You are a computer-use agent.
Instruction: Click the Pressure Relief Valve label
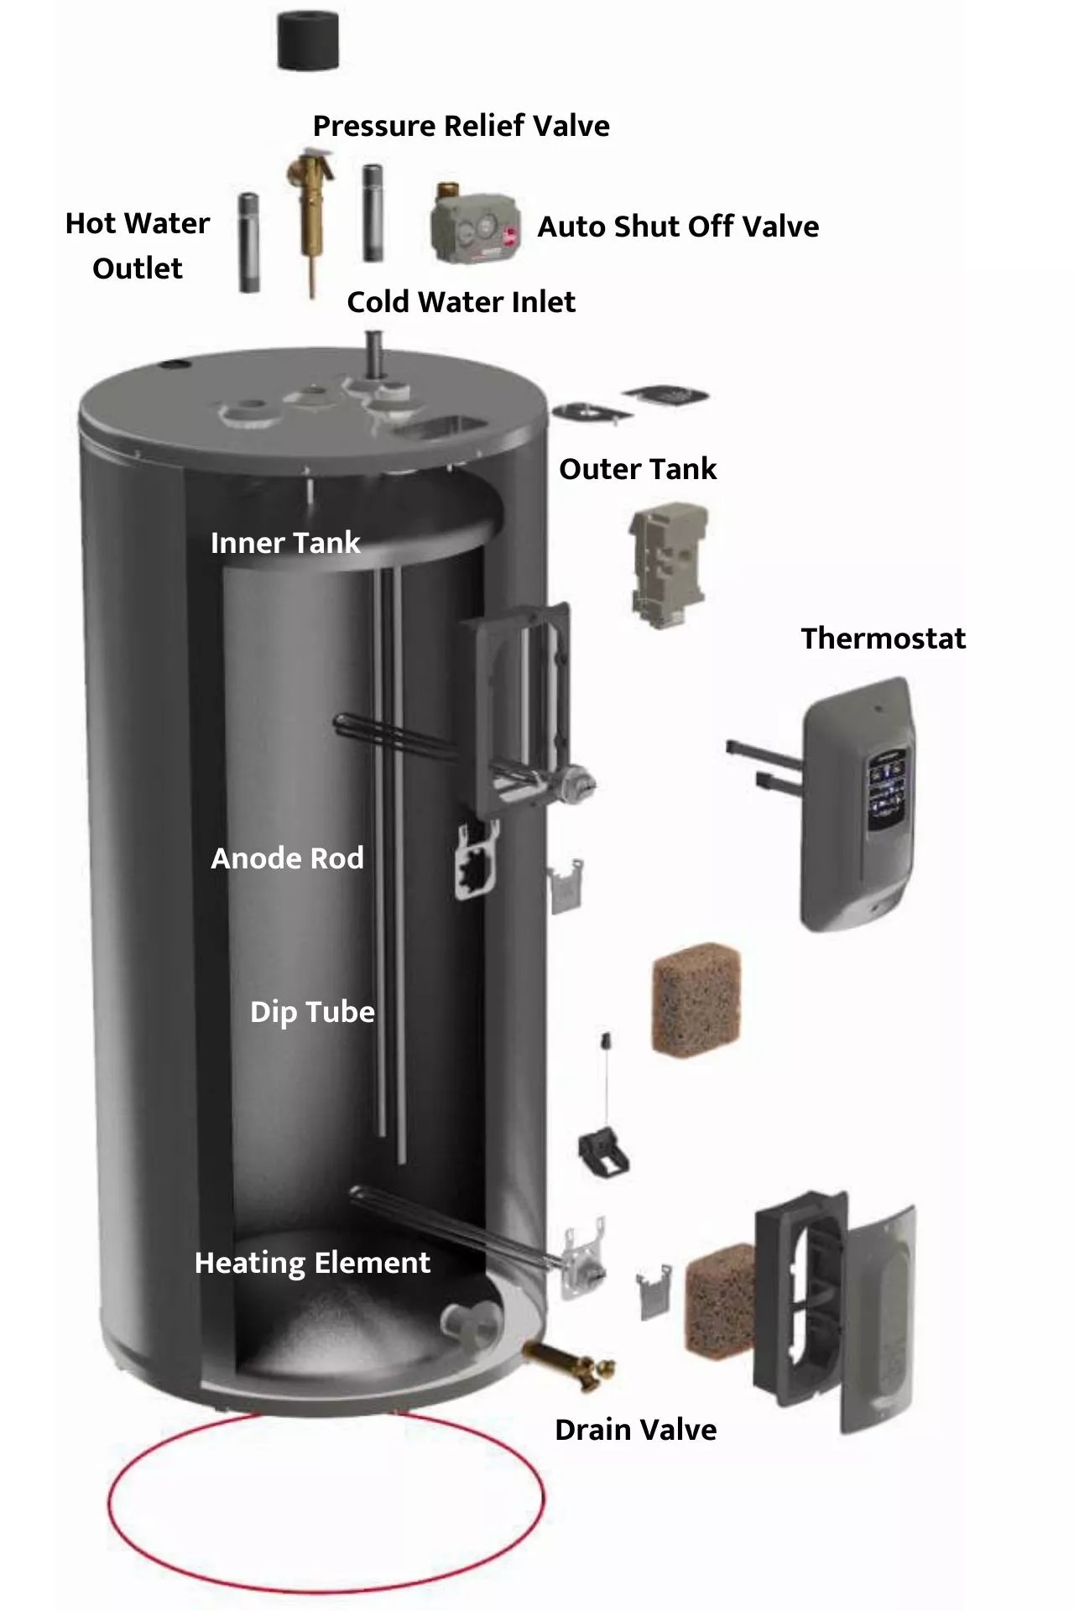461,126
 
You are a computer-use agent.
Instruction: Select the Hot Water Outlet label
138,245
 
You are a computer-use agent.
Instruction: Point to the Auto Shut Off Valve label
678,227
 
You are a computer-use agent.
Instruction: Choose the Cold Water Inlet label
461,302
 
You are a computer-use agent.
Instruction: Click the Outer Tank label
638,469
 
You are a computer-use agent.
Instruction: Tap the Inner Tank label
285,543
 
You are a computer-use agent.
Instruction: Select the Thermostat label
883,639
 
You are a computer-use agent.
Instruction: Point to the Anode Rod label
287,858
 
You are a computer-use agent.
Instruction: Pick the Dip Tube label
312,1012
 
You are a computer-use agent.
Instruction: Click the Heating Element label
312,1263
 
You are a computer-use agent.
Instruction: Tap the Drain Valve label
635,1430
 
